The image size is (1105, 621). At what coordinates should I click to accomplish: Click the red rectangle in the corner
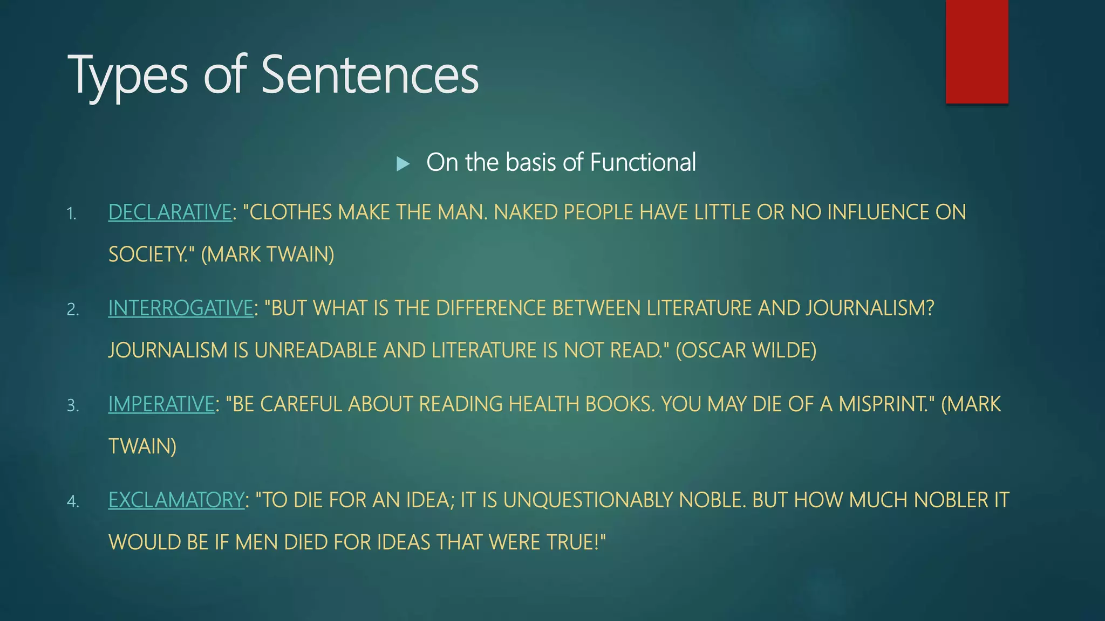point(977,51)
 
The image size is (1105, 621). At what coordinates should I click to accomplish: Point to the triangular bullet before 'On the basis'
point(403,163)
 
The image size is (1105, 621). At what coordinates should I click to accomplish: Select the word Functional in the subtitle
point(643,162)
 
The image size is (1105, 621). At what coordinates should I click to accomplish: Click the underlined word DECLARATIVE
point(170,212)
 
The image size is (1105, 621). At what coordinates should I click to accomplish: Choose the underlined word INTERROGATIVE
point(181,308)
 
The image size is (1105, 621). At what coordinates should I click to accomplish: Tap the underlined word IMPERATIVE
point(161,404)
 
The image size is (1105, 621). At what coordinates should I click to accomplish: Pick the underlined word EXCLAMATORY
point(176,500)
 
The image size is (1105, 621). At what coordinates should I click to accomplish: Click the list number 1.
point(72,214)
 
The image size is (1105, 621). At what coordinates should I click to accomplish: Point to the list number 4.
point(73,502)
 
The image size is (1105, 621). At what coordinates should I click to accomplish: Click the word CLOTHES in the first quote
point(291,212)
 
